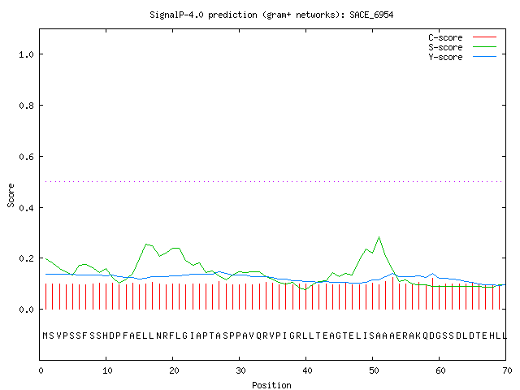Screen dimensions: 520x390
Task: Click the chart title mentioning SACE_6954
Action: [271, 15]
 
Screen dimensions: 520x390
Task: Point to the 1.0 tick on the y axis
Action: [26, 54]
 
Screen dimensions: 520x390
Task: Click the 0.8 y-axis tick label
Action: [26, 106]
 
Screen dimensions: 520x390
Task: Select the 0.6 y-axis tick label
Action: [26, 157]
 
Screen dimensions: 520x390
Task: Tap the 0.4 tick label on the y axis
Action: [26, 208]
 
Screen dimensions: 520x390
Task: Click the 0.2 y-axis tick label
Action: [26, 258]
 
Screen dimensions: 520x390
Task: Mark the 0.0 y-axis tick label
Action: [26, 310]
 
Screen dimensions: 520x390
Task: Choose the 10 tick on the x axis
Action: [107, 370]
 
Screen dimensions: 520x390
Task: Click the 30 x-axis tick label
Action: [240, 370]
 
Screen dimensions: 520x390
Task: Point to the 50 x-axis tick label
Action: [374, 370]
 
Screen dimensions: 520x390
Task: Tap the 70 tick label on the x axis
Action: [507, 370]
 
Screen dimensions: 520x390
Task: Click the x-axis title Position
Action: [271, 385]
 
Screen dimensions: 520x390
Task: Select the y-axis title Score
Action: [11, 195]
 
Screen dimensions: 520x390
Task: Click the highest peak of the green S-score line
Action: [379, 236]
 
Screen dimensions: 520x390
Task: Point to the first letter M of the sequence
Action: [45, 336]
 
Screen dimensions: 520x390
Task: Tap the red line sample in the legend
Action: [484, 37]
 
